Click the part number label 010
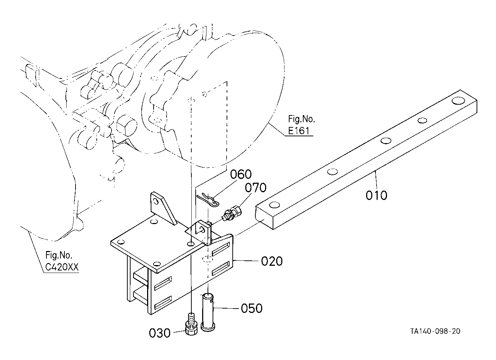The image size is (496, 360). click(x=377, y=196)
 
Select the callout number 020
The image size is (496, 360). click(x=272, y=261)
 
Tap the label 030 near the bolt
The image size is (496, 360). click(x=160, y=333)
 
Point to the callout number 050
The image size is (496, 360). click(x=252, y=308)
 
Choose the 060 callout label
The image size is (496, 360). click(x=241, y=175)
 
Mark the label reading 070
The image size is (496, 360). click(x=256, y=188)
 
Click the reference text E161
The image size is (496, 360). click(x=299, y=131)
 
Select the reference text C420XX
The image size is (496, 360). click(x=62, y=268)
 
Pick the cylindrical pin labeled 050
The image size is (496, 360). click(x=209, y=311)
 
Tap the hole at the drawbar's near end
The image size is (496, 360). click(x=274, y=205)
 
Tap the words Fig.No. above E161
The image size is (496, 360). click(x=301, y=119)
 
